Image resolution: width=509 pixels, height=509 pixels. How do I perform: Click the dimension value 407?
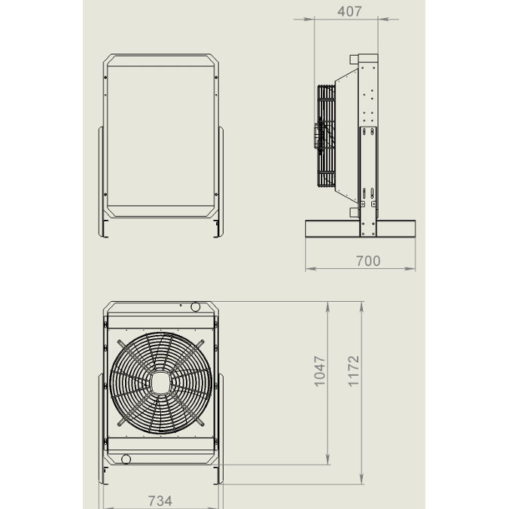pyautogui.click(x=349, y=12)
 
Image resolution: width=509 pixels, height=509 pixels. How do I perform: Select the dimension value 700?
pyautogui.click(x=368, y=261)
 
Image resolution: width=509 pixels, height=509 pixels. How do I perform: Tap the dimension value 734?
pyautogui.click(x=160, y=501)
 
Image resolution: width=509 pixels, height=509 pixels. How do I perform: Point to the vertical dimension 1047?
pyautogui.click(x=320, y=371)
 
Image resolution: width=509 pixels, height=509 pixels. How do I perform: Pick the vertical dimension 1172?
pyautogui.click(x=353, y=371)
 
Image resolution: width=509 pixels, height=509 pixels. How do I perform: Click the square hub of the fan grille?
pyautogui.click(x=160, y=383)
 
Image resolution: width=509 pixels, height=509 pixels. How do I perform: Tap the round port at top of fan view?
pyautogui.click(x=195, y=306)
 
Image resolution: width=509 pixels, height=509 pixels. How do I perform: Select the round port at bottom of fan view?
pyautogui.click(x=126, y=459)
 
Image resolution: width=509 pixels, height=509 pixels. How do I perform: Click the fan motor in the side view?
pyautogui.click(x=317, y=137)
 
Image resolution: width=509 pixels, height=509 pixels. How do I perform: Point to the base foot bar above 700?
pyautogui.click(x=361, y=229)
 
